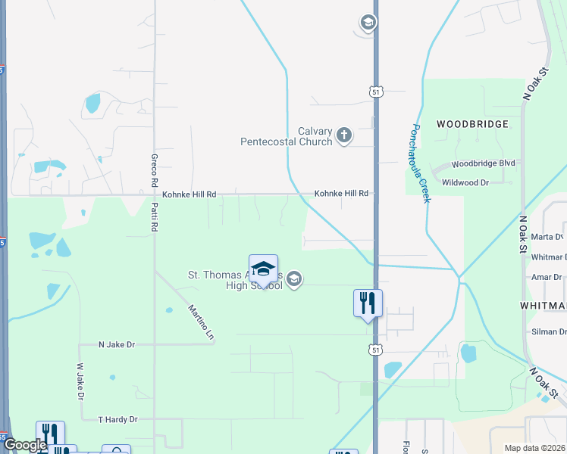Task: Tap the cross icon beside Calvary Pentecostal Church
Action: [x=344, y=136]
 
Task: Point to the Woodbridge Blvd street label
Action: [x=483, y=163]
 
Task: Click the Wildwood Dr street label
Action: [x=476, y=182]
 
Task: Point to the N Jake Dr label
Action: [x=117, y=344]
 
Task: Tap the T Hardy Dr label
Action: [x=118, y=419]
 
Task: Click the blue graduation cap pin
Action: [x=263, y=270]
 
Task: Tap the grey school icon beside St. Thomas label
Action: [x=295, y=280]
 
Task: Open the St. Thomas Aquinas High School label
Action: [x=235, y=280]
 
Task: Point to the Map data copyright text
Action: [x=534, y=448]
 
